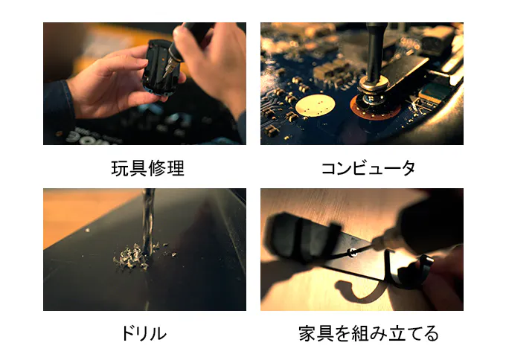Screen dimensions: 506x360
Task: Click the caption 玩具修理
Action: tap(147, 168)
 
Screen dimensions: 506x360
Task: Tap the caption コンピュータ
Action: tap(368, 168)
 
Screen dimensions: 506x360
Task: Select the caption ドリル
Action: tap(144, 333)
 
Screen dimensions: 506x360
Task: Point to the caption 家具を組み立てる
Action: tap(368, 333)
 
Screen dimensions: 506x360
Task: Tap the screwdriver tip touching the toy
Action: tap(165, 74)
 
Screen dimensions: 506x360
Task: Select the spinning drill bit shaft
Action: tap(148, 222)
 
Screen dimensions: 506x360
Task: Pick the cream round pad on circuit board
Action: tap(315, 106)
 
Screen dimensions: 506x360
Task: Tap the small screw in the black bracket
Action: tap(353, 253)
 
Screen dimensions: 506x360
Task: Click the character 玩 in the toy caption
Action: tap(120, 168)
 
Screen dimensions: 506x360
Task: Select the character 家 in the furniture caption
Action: tap(307, 333)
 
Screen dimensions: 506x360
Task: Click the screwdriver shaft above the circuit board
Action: tap(374, 51)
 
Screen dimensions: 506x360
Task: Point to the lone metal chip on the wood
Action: tap(87, 230)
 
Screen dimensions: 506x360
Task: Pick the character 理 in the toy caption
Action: tap(176, 168)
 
